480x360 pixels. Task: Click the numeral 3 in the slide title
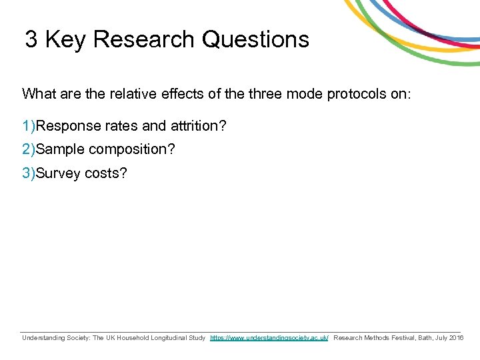pyautogui.click(x=31, y=39)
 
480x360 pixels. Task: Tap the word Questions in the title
pyautogui.click(x=255, y=39)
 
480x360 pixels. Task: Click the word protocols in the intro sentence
pyautogui.click(x=358, y=93)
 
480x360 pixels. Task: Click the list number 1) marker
pyautogui.click(x=29, y=125)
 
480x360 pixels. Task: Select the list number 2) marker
pyautogui.click(x=29, y=149)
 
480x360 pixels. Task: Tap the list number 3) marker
pyautogui.click(x=29, y=173)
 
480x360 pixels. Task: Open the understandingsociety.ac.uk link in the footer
pyautogui.click(x=269, y=338)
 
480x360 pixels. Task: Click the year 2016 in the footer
pyautogui.click(x=457, y=338)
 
